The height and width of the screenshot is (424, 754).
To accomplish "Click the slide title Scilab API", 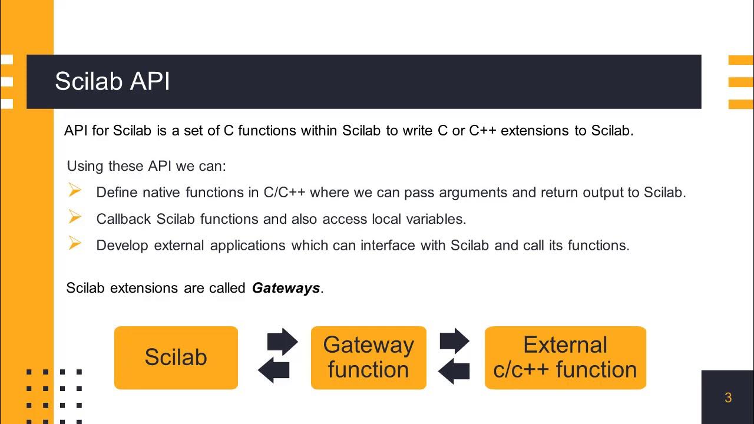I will click(x=112, y=82).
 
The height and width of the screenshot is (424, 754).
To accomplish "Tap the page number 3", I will click(x=728, y=398).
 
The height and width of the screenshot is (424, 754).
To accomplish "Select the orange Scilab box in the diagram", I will click(x=176, y=357).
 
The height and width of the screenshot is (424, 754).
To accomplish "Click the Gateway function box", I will click(x=368, y=357).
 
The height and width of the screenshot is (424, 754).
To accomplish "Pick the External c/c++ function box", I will click(x=565, y=357).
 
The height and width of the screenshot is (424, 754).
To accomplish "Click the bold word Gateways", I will click(x=286, y=288).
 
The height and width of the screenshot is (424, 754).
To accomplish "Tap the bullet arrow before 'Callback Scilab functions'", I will click(x=75, y=217).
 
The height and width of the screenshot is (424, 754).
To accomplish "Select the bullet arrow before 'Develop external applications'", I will click(x=75, y=243).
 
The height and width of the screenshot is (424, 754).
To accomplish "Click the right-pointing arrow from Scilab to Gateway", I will click(x=283, y=341).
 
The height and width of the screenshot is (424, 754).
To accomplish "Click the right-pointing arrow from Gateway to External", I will click(x=455, y=341).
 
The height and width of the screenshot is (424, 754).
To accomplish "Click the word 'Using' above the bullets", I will click(x=85, y=166).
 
